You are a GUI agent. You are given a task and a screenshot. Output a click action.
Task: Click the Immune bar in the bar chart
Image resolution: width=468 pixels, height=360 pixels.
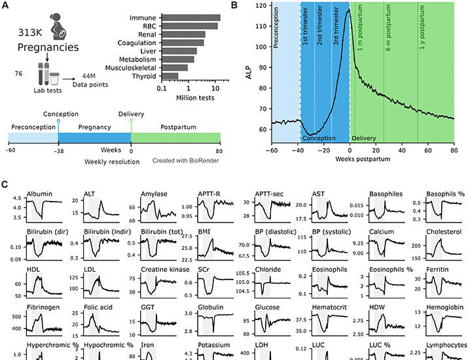(190, 17)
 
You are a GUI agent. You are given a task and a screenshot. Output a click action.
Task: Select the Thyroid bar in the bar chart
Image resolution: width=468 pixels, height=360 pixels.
(169, 76)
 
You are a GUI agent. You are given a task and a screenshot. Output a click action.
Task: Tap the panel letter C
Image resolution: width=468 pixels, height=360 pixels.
(5, 185)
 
